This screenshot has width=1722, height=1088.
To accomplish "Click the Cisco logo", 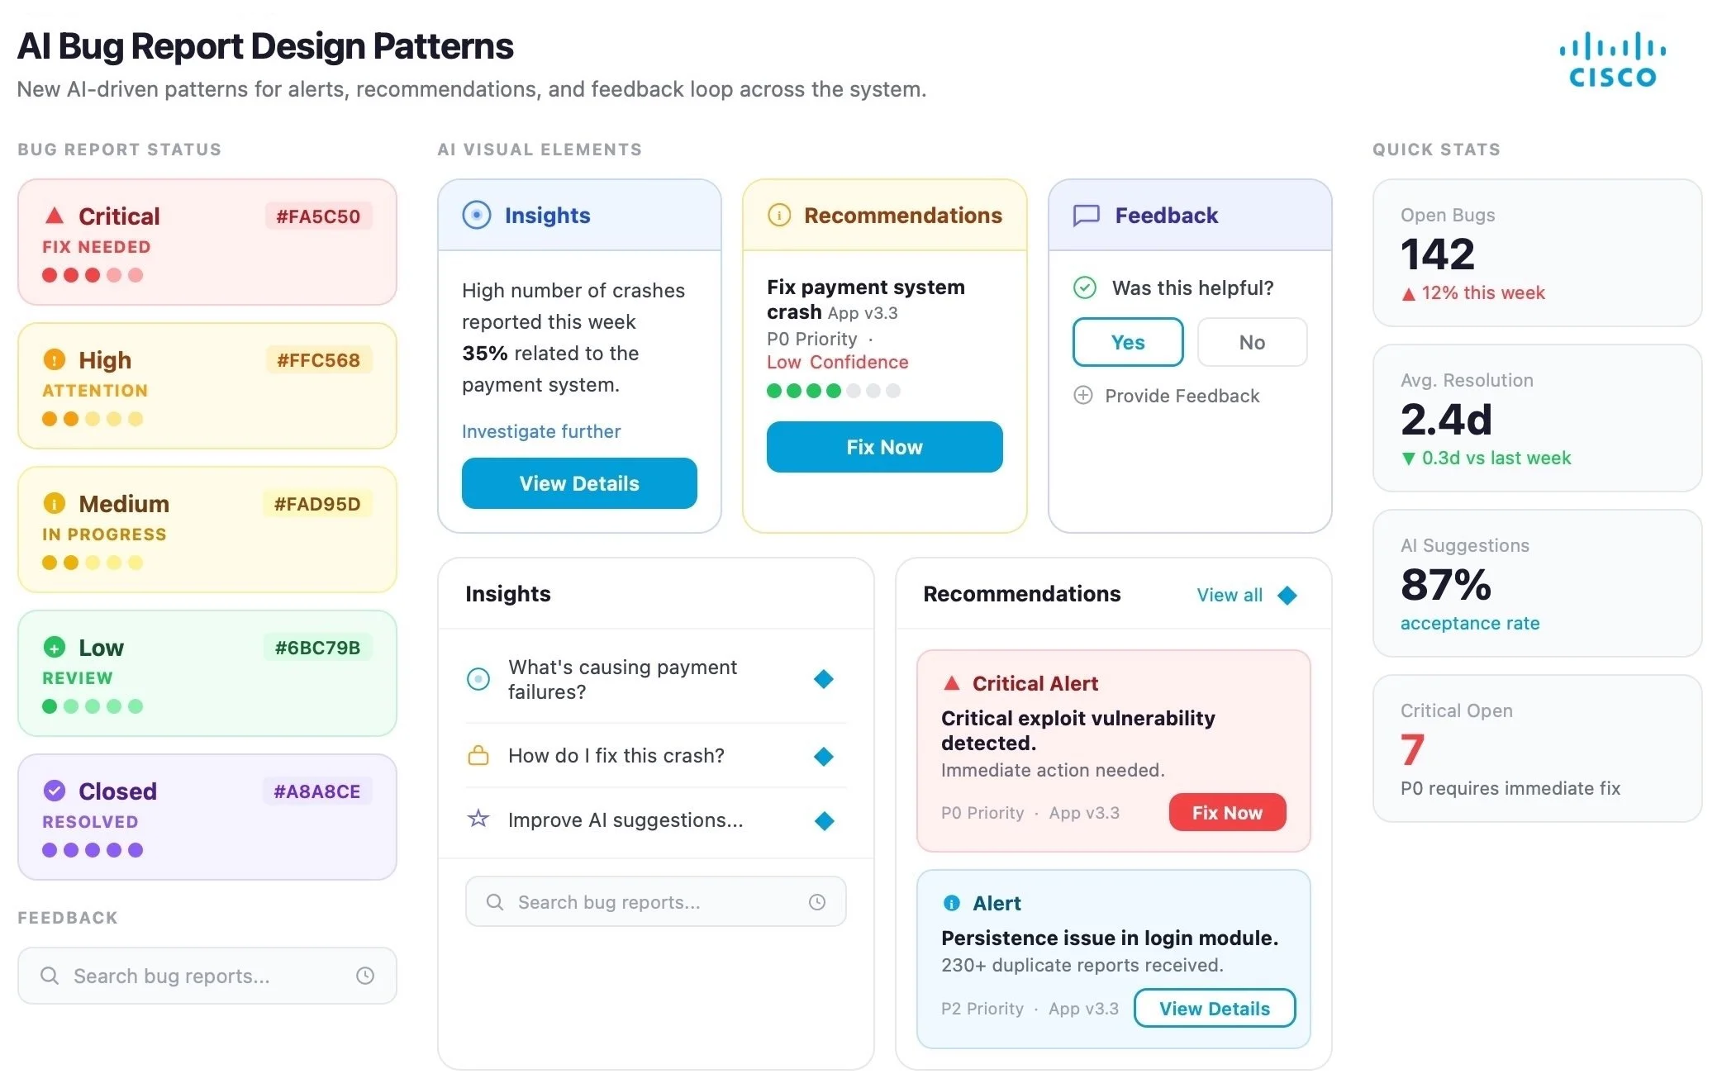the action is [1612, 60].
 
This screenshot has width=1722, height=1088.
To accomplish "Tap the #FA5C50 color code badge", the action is [318, 216].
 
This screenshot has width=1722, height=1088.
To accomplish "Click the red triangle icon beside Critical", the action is [55, 216].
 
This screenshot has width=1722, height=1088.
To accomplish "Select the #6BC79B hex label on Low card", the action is [317, 648].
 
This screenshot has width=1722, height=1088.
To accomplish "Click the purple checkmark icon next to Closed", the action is [55, 791].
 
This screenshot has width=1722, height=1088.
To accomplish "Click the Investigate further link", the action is [541, 431].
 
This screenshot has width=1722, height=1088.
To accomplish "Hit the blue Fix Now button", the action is [884, 447].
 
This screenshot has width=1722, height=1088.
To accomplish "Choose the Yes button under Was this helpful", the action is [1127, 342].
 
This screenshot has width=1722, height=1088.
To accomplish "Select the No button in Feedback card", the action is [1252, 342].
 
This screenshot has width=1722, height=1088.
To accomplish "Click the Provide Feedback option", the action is [1182, 396].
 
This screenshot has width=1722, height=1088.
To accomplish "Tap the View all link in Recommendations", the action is [1230, 595].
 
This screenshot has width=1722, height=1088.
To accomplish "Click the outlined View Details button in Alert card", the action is [1214, 1008].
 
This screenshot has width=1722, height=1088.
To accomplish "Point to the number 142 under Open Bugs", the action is [1437, 254].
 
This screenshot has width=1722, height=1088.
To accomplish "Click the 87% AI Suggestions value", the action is [1445, 584].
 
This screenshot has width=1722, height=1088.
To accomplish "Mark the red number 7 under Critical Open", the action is [1412, 749].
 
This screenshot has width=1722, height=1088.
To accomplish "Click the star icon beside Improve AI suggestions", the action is [478, 820].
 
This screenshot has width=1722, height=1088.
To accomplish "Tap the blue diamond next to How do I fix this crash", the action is [824, 756].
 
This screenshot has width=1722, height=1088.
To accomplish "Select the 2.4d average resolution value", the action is [1445, 419].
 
